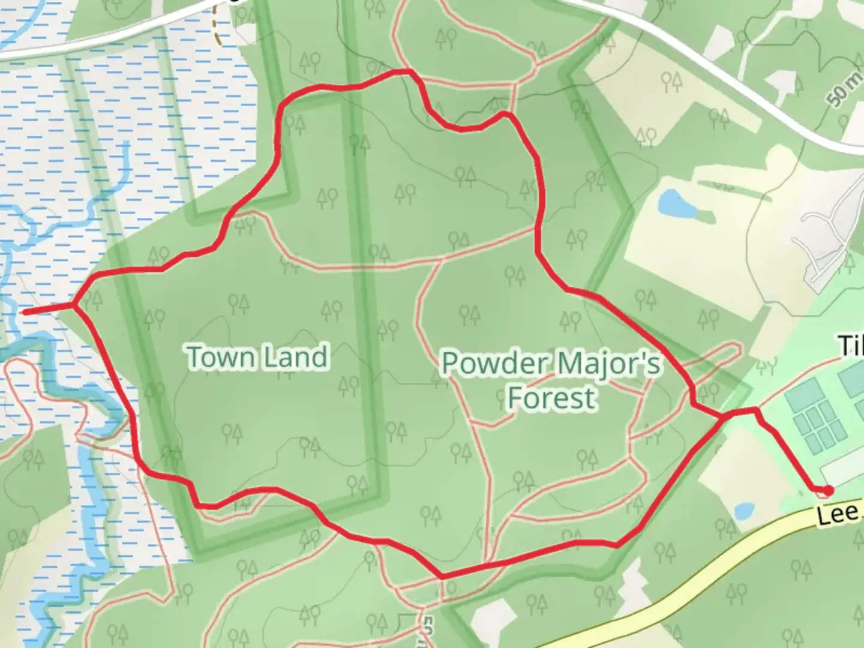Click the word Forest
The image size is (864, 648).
click(552, 398)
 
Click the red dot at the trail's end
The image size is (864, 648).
click(828, 491)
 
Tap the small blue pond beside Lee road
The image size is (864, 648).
click(744, 511)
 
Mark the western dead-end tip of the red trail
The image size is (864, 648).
click(24, 312)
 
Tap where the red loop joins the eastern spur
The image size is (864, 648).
click(722, 415)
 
